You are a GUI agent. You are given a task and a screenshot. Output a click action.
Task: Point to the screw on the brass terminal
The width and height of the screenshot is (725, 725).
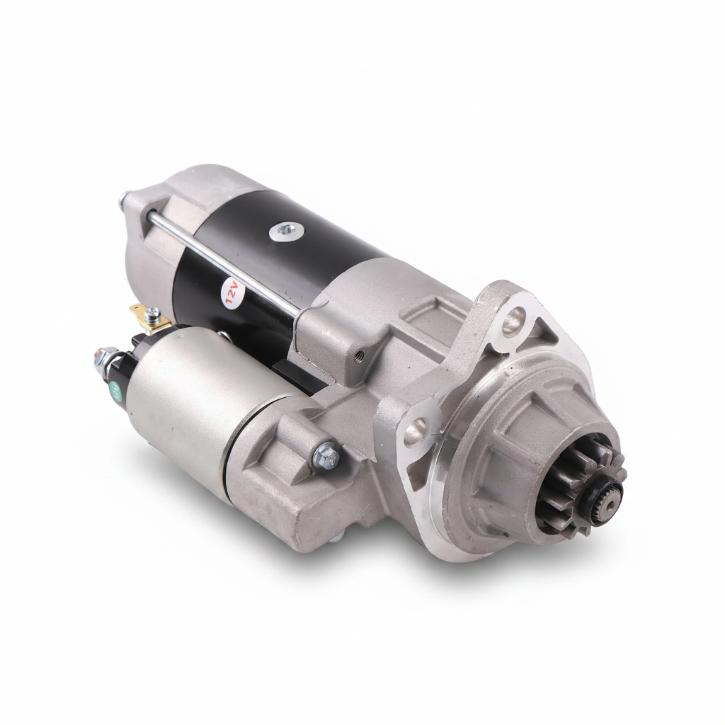tap(152, 315)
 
